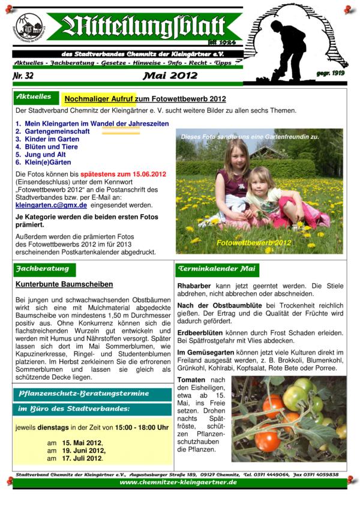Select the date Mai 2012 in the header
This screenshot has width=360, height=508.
coord(170,77)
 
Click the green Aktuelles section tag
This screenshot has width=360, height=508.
coord(34,97)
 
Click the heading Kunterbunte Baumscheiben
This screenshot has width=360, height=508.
coord(64,284)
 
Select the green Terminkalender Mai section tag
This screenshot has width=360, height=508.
coord(215,269)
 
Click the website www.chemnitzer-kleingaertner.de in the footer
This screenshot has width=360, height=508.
coord(178,482)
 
